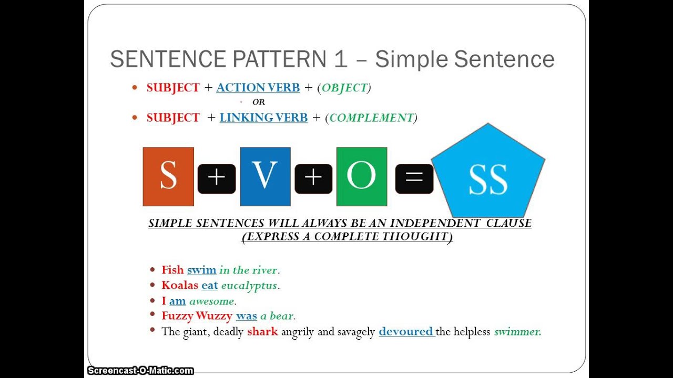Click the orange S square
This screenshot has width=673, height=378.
[168, 176]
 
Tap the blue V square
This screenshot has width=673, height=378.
[265, 176]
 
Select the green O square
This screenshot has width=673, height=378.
[362, 176]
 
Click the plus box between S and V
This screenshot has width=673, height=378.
[217, 178]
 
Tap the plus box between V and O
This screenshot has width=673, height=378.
[313, 178]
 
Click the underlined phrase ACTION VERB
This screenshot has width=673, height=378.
[258, 88]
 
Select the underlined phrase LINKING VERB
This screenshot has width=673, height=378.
[263, 118]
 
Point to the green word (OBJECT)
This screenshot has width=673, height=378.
[344, 88]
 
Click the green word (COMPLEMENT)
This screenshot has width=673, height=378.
[371, 118]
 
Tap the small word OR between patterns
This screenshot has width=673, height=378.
[259, 102]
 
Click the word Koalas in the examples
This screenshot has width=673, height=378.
[180, 286]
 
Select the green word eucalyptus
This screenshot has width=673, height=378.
[249, 286]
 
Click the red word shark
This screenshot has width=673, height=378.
[262, 331]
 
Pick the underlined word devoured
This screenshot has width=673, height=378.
[406, 331]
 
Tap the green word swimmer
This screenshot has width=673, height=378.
[517, 331]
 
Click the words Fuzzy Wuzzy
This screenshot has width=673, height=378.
[197, 316]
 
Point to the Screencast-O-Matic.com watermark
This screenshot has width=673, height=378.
[140, 371]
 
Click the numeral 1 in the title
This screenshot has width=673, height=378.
[340, 59]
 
